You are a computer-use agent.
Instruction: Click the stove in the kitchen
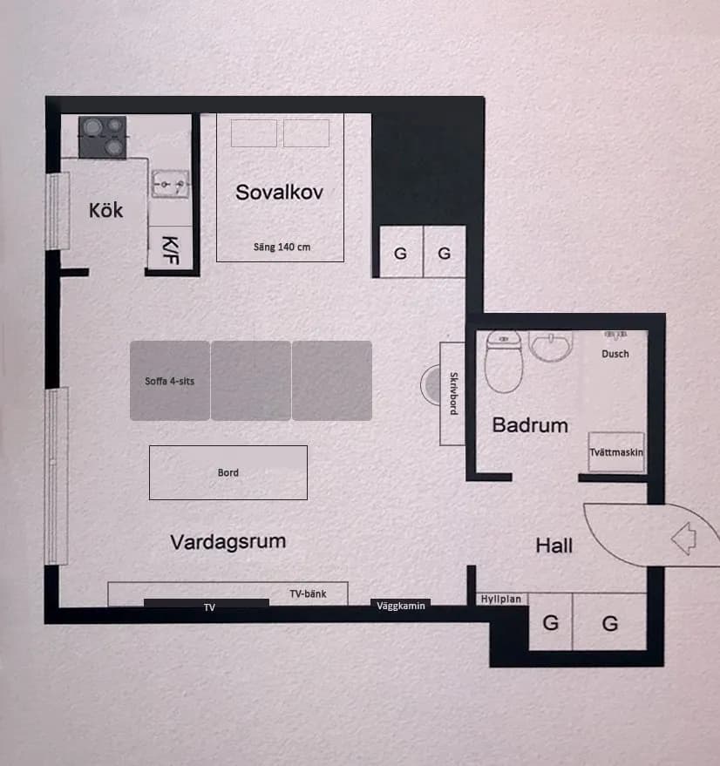(x=103, y=137)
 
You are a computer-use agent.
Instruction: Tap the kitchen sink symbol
(x=170, y=184)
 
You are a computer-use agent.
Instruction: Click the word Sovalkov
(x=279, y=193)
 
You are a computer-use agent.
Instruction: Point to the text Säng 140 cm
(x=282, y=247)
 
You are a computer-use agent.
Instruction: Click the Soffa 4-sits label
(x=170, y=381)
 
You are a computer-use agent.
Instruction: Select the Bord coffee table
(x=228, y=472)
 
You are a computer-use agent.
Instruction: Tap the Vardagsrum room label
(x=228, y=542)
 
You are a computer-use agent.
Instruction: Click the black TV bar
(x=207, y=603)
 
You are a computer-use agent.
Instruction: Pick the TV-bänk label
(x=308, y=593)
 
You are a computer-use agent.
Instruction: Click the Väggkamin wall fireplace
(x=401, y=606)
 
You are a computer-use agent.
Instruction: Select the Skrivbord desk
(x=452, y=393)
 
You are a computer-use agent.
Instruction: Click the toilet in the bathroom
(x=502, y=362)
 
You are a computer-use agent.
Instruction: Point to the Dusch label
(x=615, y=354)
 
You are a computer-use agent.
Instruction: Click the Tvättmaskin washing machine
(x=616, y=452)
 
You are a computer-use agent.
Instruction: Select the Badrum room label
(x=530, y=425)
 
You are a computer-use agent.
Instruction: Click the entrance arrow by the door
(x=683, y=538)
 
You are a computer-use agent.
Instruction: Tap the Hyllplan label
(x=501, y=600)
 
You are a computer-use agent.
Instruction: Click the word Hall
(x=554, y=546)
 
